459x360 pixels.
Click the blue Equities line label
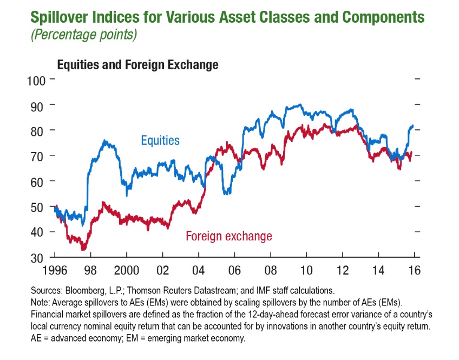160,141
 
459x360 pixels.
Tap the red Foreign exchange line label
228,236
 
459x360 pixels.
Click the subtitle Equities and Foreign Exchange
137,65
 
